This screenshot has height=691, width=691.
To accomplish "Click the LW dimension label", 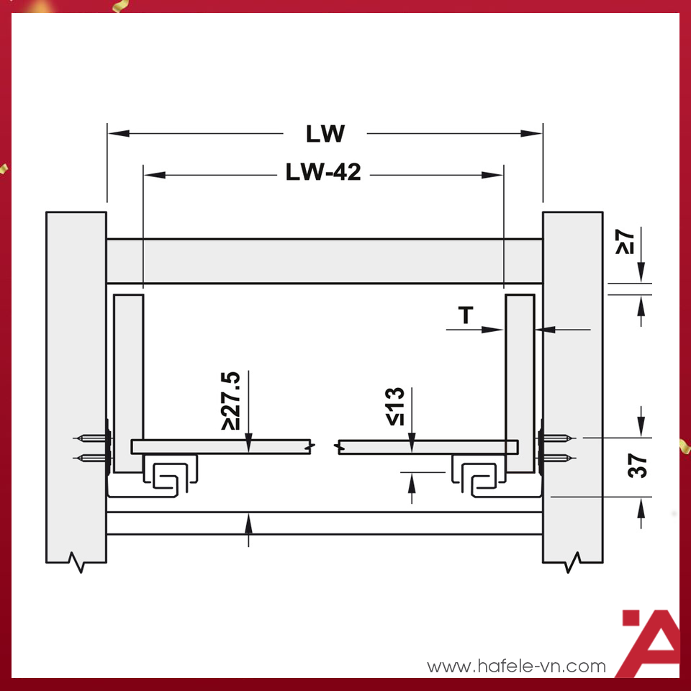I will tap(325, 134).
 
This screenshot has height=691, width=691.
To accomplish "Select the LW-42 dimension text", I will tap(323, 173).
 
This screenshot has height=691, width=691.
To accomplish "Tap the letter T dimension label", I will tap(466, 315).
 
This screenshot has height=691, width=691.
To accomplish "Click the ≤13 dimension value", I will tap(395, 407).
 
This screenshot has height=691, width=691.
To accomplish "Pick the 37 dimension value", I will tap(638, 466).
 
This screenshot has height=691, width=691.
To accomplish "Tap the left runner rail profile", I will tap(170, 477).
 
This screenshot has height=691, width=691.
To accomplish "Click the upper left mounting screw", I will tap(90, 438).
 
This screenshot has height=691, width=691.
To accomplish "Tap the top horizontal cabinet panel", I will tap(324, 261).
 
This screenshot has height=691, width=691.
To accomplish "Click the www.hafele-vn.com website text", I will tap(516, 667).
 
